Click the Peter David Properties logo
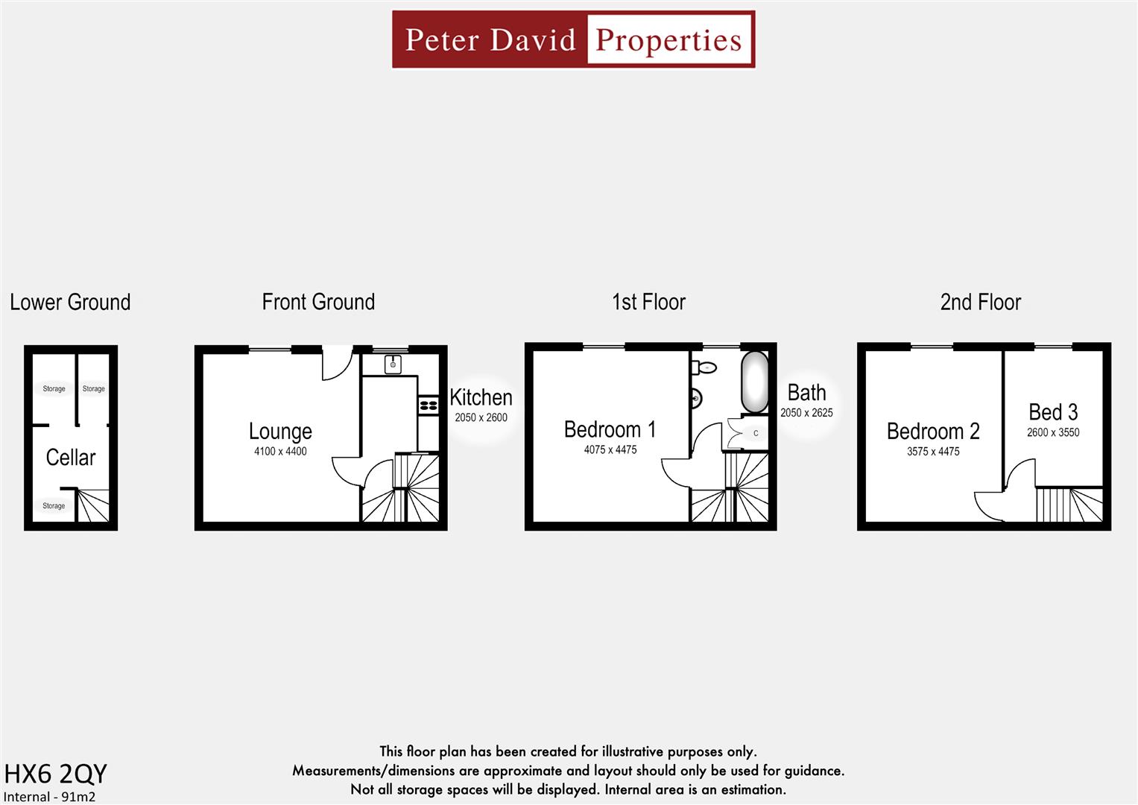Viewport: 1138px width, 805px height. coord(573,40)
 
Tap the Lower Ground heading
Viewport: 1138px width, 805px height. coord(70,302)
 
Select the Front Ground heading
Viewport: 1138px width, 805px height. coord(318,302)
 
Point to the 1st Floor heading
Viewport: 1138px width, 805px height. coord(648,302)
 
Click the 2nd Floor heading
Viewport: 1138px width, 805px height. coord(980,302)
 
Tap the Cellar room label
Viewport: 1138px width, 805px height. coord(71,457)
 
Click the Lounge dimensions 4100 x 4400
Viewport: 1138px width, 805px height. coord(280,451)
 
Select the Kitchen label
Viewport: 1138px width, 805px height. coord(481,397)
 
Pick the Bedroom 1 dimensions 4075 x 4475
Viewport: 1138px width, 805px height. coord(610,449)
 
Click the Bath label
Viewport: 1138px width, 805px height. coord(806,393)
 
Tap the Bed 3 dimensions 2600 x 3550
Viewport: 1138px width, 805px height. coord(1053,432)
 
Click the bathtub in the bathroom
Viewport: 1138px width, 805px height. coord(754,382)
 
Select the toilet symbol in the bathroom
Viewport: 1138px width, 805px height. coord(704,367)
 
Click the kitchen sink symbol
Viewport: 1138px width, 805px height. coord(393,364)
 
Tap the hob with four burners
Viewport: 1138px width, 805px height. coord(429,405)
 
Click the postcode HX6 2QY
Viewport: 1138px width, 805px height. coord(56,774)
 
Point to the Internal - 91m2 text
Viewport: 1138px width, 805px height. coord(49,796)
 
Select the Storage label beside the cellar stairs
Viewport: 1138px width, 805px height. coord(54,505)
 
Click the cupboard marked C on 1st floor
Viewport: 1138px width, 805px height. coord(755,433)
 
